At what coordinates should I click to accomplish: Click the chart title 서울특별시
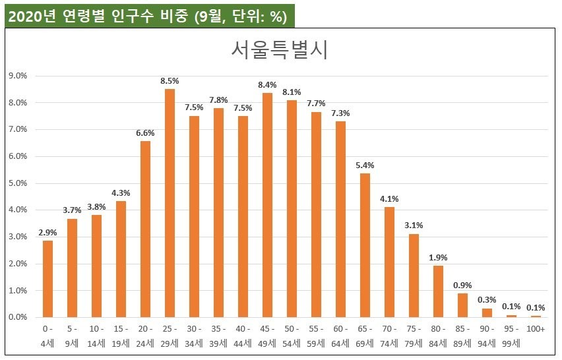point(280,50)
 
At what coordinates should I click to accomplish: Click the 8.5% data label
point(170,80)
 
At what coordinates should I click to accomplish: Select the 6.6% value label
point(145,133)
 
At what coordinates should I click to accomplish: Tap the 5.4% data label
point(365,164)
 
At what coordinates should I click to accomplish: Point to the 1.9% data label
point(438,257)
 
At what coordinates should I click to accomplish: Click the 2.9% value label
point(47,231)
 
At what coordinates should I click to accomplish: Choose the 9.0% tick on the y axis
point(17,76)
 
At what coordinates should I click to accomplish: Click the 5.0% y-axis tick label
point(17,183)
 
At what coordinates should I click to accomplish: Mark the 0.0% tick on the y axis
point(17,317)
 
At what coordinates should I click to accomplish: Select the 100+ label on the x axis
point(536,328)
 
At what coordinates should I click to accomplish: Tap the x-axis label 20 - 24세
point(145,334)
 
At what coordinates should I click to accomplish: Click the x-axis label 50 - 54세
point(292,334)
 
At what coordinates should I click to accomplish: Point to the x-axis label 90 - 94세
point(487,334)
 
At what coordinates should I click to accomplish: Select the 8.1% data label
point(292,92)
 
